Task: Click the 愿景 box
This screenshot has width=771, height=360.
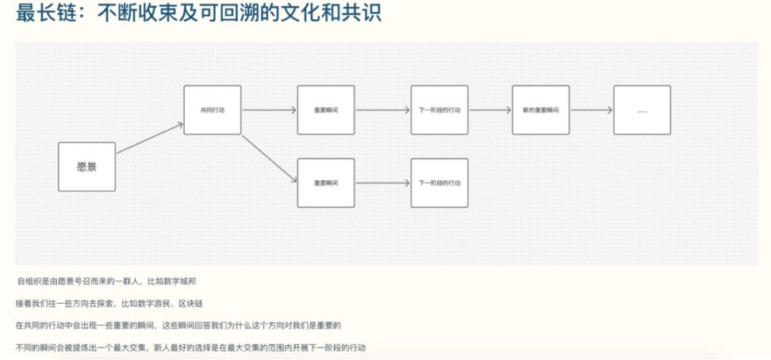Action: point(86,167)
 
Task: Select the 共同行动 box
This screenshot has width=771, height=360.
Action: point(212,109)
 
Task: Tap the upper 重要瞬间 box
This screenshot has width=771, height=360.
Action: point(325,109)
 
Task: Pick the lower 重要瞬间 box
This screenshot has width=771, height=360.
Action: point(325,183)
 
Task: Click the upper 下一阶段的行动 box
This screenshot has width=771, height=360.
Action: point(439,109)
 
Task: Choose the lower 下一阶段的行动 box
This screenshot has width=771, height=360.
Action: point(439,183)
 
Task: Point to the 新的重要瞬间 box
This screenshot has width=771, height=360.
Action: point(540,109)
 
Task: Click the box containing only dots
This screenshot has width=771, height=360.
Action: point(642,109)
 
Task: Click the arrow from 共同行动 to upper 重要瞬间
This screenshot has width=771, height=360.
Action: point(269,109)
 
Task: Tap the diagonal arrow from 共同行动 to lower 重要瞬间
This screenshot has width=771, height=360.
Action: point(269,159)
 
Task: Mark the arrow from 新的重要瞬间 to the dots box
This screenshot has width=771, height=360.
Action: point(591,109)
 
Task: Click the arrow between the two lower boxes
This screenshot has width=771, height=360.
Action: point(382,183)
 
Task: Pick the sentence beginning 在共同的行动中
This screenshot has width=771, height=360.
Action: point(178,326)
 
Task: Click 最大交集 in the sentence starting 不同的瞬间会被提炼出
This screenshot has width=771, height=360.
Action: point(116,348)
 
